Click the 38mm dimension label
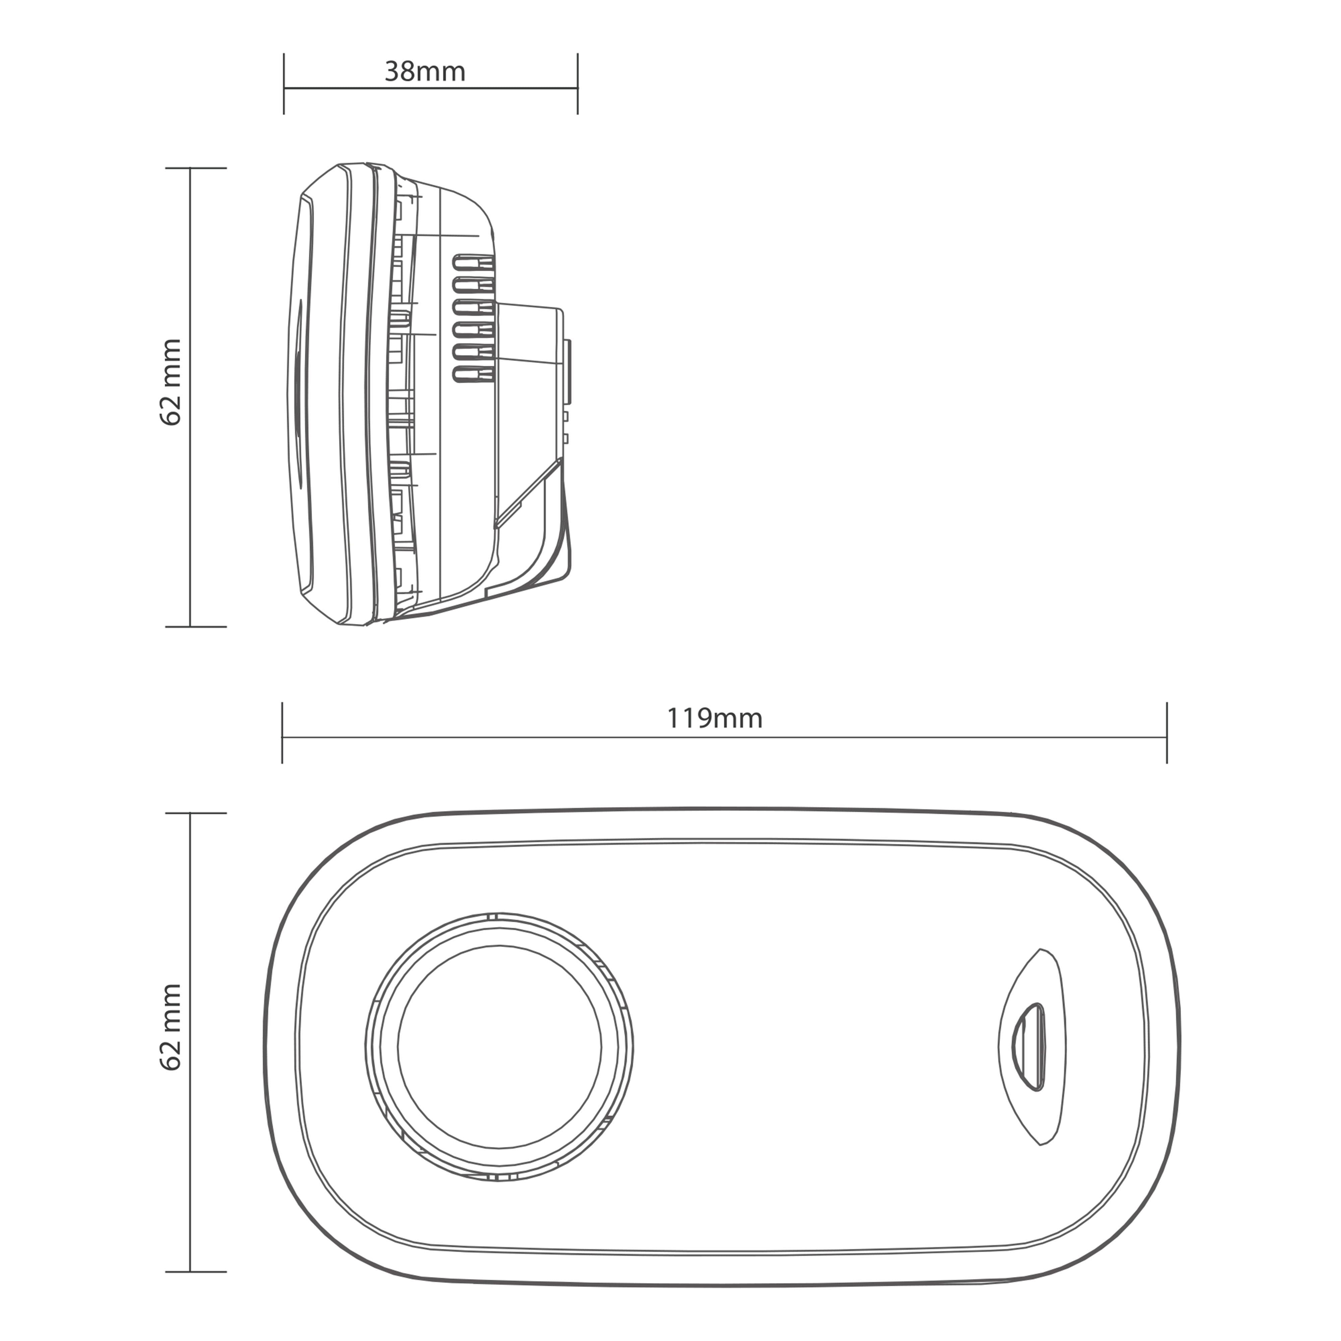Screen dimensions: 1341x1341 425,71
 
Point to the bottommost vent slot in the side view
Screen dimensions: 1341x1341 474,375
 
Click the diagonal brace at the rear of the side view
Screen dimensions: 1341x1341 527,493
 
